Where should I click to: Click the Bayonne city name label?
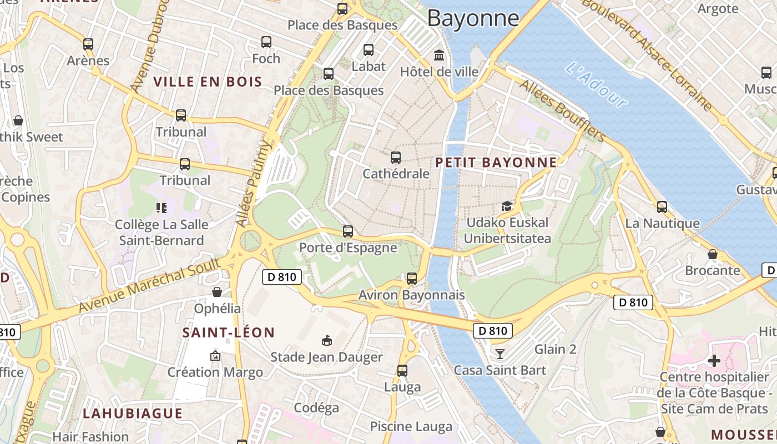[473, 18]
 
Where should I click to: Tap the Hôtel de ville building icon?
[440, 55]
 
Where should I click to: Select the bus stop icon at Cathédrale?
[396, 158]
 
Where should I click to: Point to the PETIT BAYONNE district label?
[496, 163]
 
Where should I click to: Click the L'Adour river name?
[596, 85]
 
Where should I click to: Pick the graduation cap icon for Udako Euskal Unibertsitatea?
[507, 206]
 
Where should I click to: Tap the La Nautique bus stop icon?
[662, 207]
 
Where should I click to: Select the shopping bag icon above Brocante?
[713, 254]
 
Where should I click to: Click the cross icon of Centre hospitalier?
[714, 361]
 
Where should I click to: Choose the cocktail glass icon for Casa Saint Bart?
[500, 354]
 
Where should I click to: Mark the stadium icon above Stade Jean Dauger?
[327, 340]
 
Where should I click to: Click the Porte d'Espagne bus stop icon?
[348, 231]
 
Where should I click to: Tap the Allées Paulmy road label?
[254, 183]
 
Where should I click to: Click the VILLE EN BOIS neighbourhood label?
[208, 82]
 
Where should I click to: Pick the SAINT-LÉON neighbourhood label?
[229, 333]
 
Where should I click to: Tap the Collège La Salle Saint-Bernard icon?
[162, 208]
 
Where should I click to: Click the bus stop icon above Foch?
[266, 42]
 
